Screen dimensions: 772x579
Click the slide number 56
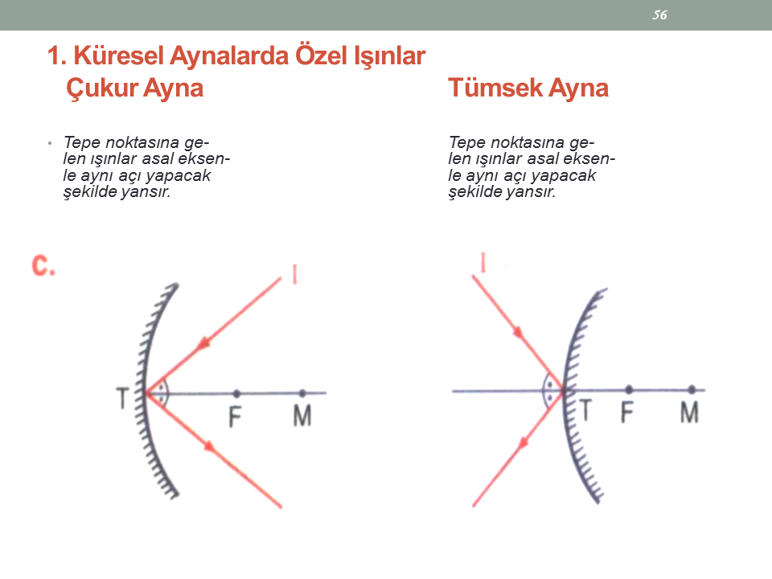(x=659, y=14)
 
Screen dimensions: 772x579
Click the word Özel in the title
(x=321, y=55)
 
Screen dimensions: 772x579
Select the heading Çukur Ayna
(x=134, y=88)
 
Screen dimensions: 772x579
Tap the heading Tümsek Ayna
(x=528, y=88)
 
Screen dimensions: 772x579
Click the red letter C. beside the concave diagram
(x=43, y=266)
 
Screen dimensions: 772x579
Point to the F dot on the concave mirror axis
(x=236, y=393)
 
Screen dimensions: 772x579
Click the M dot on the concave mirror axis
(x=302, y=393)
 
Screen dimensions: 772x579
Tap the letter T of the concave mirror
(x=122, y=398)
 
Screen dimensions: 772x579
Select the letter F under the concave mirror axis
(x=235, y=417)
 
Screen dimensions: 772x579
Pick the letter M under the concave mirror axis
(x=302, y=416)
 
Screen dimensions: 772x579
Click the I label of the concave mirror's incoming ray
(x=294, y=274)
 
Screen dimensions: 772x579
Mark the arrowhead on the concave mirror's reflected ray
(x=210, y=446)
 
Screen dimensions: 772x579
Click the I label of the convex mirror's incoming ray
(x=483, y=262)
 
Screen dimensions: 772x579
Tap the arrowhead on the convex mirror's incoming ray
(x=518, y=332)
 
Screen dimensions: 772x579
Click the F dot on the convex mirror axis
(x=629, y=390)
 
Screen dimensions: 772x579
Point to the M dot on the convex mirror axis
(x=692, y=390)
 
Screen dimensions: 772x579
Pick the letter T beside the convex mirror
(x=585, y=411)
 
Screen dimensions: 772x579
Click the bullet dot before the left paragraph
(x=50, y=143)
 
